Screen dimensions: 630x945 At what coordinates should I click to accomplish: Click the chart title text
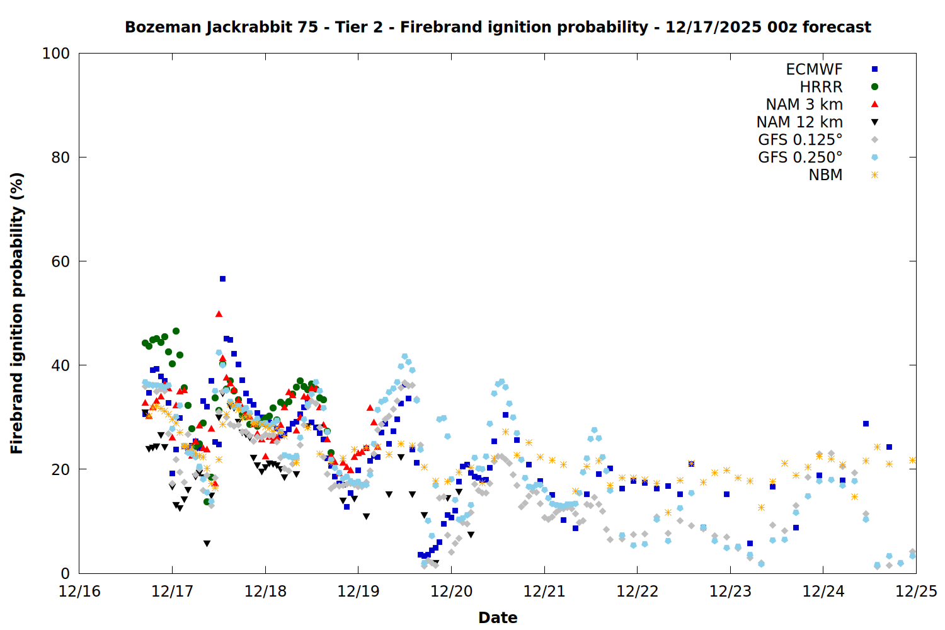pos(498,27)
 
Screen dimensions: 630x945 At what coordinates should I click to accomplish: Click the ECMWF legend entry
pos(814,69)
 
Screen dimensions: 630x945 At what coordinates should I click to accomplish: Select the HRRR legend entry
pos(821,87)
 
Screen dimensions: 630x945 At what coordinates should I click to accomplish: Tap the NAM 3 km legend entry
pos(804,105)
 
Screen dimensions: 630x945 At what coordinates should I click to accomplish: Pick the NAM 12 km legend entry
pos(799,122)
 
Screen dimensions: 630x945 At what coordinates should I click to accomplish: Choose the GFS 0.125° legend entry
pos(800,140)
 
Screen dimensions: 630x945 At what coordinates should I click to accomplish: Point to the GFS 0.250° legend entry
pos(800,157)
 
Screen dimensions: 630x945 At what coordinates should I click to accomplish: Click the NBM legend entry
pos(825,175)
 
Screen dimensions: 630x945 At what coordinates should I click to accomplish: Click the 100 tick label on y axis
pos(55,54)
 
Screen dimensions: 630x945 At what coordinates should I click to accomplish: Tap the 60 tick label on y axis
pos(60,261)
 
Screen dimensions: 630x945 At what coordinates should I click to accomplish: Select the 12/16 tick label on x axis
pos(79,592)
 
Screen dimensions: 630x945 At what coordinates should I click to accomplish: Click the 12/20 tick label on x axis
pos(451,592)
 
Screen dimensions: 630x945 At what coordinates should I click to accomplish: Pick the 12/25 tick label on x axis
pos(916,592)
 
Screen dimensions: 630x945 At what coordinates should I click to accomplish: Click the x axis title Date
pos(498,617)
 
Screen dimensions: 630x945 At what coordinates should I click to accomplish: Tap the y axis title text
pos(17,313)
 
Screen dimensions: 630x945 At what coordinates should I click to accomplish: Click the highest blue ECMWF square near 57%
pos(222,278)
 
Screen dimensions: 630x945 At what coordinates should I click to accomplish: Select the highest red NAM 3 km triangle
pos(219,314)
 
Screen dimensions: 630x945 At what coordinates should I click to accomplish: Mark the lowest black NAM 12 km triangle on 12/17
pos(207,543)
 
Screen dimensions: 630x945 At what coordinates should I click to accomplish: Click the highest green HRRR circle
pos(176,331)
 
